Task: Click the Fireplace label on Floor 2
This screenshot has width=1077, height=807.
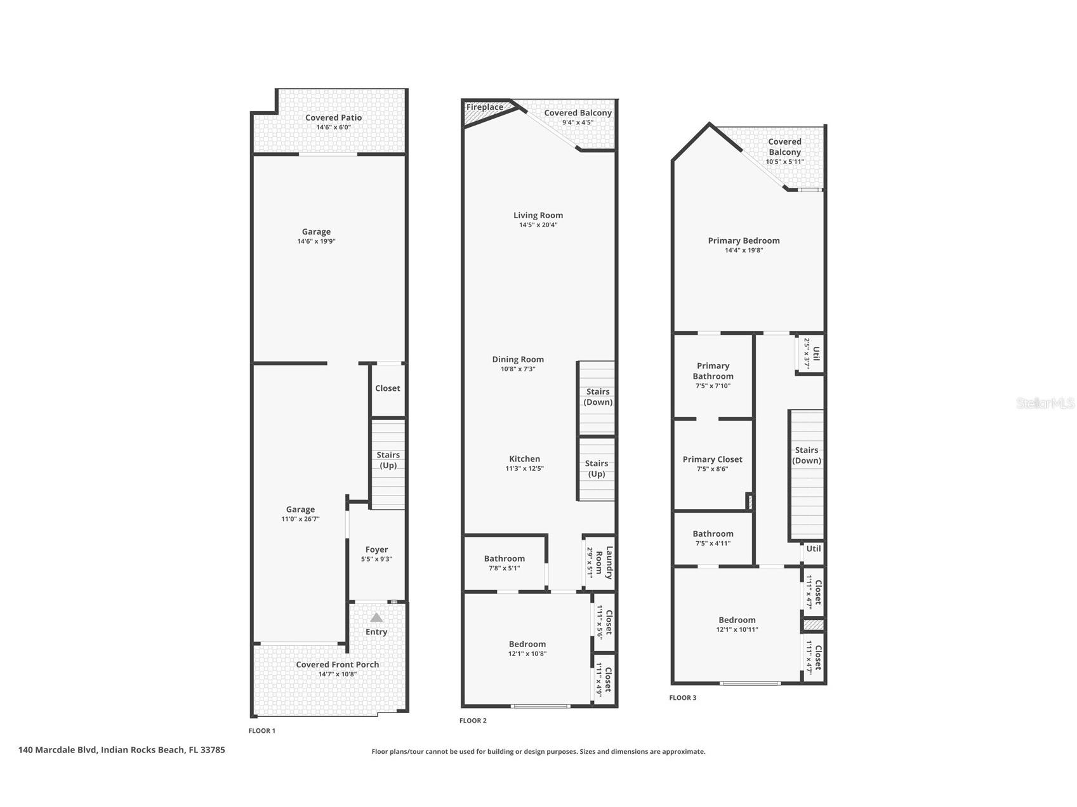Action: (x=484, y=107)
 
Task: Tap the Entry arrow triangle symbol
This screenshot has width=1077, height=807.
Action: (x=376, y=617)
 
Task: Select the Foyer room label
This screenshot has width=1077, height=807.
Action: (x=376, y=549)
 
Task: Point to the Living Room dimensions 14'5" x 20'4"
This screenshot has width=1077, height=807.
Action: (x=538, y=225)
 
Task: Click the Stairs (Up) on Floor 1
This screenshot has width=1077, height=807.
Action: (x=388, y=460)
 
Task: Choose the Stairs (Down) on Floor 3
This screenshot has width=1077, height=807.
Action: (x=807, y=456)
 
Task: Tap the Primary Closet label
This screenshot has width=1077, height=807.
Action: (x=712, y=459)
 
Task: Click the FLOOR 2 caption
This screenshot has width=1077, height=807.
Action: (x=473, y=720)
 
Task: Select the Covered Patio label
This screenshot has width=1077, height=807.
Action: (x=333, y=117)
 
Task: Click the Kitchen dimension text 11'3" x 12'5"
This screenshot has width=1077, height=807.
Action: (x=524, y=469)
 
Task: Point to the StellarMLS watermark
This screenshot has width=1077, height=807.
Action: (x=1044, y=403)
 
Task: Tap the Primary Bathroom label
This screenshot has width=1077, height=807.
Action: (x=713, y=371)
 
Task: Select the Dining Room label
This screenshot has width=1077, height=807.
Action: (x=518, y=359)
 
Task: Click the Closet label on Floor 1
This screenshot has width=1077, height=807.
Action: (x=387, y=388)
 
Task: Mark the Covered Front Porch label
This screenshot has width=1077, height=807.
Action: (x=337, y=664)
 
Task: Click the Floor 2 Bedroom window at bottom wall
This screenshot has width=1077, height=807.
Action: (x=541, y=705)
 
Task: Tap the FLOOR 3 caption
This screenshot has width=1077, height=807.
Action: (x=682, y=697)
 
